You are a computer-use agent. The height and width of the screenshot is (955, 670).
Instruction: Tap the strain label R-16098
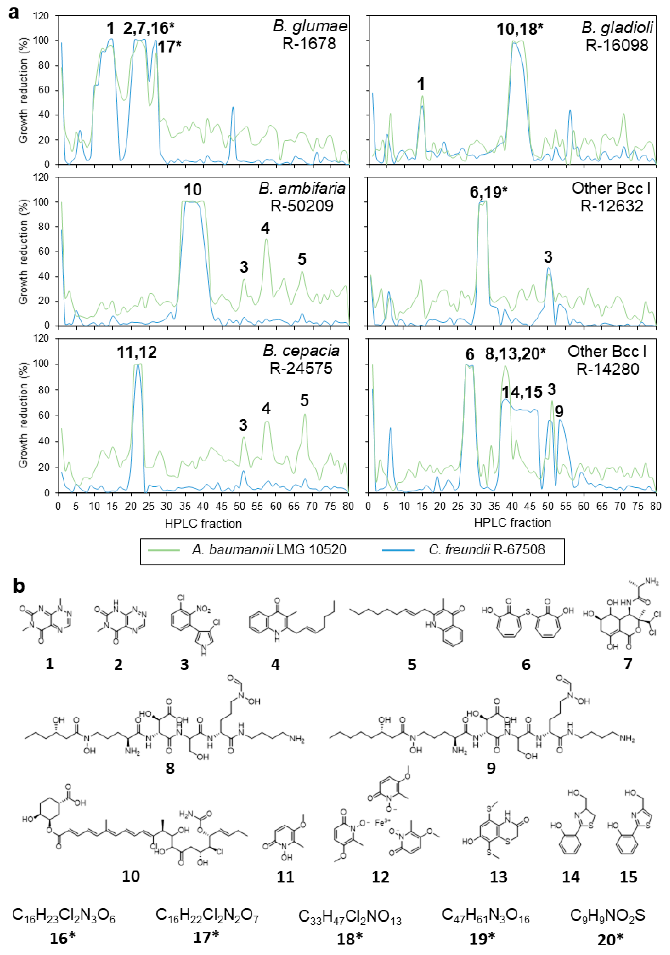tap(617, 45)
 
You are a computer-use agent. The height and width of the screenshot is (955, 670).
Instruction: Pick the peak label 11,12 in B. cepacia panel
tap(137, 352)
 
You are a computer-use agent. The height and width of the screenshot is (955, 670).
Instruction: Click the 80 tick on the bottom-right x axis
tap(656, 506)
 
